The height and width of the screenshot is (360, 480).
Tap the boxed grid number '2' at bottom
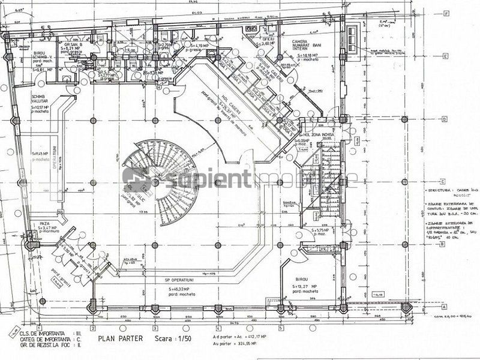pos(92,329)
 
